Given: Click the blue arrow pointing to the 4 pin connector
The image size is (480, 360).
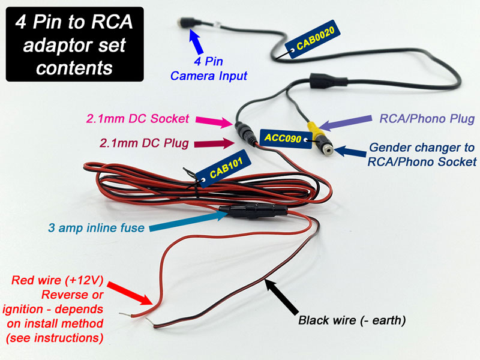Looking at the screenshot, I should click(198, 44).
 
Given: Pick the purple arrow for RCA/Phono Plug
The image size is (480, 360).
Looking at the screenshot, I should click(340, 121).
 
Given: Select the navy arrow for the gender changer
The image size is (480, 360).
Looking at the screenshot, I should click(347, 149).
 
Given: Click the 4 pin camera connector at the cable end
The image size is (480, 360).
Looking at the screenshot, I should click(184, 22).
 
